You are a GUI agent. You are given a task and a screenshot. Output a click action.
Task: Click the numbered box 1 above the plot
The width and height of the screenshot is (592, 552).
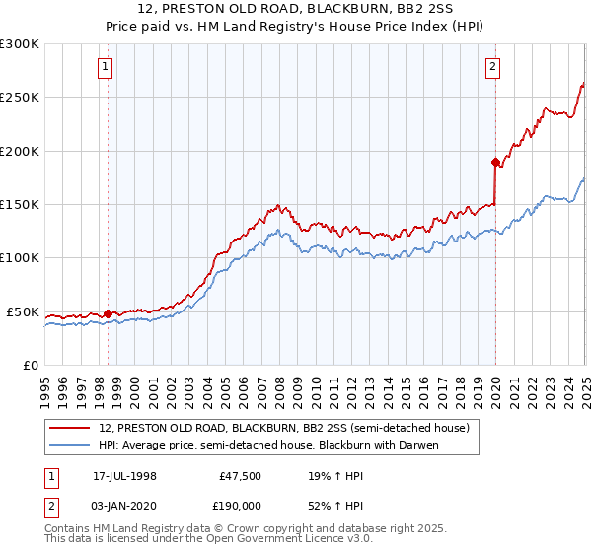pos(106,67)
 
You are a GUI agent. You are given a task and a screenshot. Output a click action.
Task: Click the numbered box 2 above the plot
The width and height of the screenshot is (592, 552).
pos(492,67)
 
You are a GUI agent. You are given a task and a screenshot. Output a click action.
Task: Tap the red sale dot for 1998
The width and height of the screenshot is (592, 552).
pos(108,313)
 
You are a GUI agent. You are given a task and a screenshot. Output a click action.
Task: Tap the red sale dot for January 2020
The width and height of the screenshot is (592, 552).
pos(495,161)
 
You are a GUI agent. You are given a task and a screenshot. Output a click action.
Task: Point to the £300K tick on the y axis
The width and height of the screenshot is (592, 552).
pos(20,44)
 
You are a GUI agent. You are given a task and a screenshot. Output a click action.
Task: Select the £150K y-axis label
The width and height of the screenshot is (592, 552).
pos(20,204)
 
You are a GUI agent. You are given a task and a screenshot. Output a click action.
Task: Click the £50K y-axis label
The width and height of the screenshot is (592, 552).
pos(24,311)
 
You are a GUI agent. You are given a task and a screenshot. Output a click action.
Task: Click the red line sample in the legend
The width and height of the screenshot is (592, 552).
pos(71,428)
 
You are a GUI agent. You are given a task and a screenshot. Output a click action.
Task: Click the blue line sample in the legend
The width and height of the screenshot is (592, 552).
pos(71,445)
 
